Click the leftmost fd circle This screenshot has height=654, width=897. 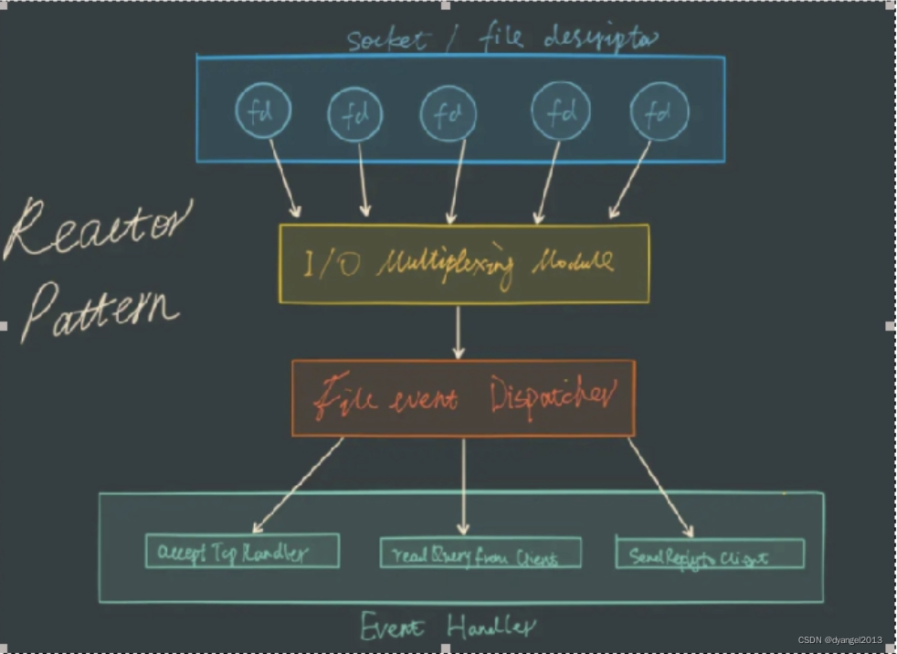[x=265, y=111]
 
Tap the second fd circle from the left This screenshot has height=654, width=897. [x=354, y=115]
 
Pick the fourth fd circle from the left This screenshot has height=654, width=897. [x=560, y=112]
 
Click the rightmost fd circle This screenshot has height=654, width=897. [x=658, y=112]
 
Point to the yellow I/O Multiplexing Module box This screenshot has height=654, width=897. [x=463, y=263]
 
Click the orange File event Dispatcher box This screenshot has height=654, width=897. [x=463, y=397]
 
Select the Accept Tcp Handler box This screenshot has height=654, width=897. [x=242, y=551]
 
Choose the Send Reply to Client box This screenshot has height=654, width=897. [x=710, y=554]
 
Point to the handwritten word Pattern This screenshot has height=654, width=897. [x=99, y=308]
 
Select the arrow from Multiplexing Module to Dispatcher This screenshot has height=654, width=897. [x=459, y=332]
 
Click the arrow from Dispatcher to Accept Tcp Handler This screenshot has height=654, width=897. [x=297, y=485]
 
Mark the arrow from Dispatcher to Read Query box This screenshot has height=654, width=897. [x=463, y=485]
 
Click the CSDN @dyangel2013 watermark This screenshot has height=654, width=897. [x=839, y=640]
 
